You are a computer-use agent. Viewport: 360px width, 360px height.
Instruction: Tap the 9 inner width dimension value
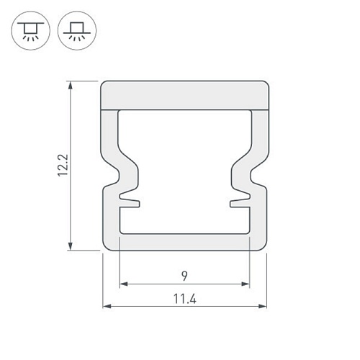point(184,275)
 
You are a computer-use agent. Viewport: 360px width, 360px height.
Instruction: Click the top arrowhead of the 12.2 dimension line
point(71,86)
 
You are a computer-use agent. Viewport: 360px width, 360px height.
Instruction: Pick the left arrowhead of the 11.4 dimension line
point(107,307)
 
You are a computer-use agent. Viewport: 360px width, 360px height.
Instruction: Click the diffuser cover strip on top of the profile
point(184,94)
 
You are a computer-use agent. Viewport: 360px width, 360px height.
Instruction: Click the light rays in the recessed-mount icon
point(30,40)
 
